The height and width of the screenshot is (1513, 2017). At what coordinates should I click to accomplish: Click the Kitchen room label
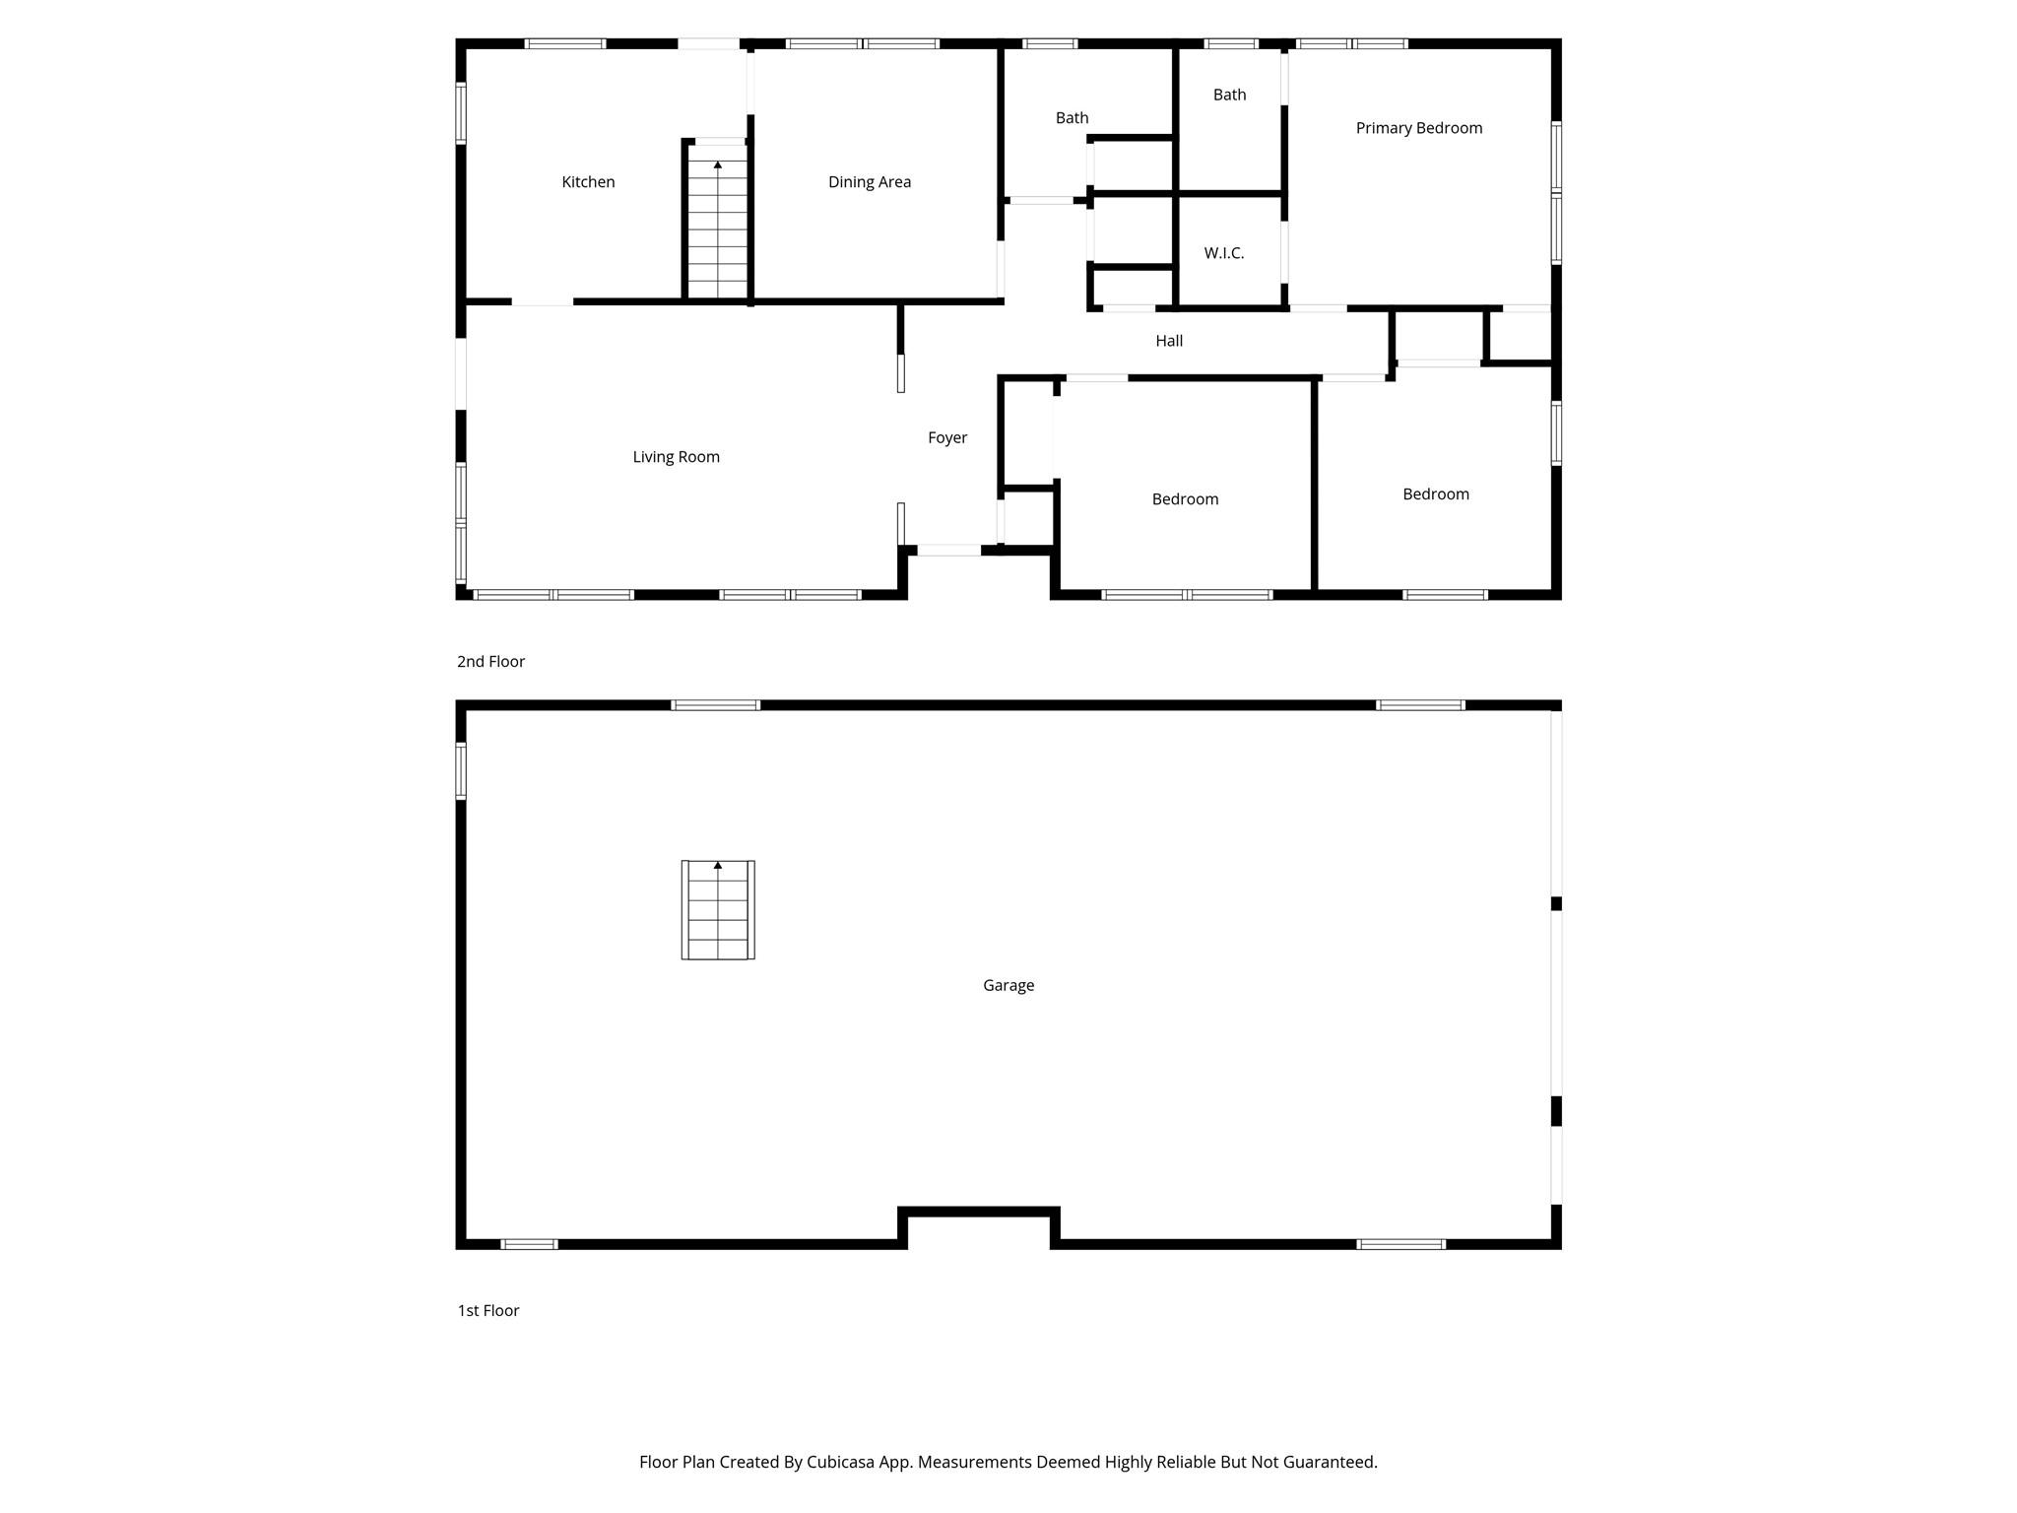[x=588, y=182]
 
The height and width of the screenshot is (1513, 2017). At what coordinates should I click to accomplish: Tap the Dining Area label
[x=869, y=182]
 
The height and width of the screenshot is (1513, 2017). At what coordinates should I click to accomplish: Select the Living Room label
[x=676, y=457]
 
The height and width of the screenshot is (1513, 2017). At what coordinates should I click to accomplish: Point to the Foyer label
[x=947, y=438]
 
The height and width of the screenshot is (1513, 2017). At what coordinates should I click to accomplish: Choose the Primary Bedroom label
[x=1418, y=128]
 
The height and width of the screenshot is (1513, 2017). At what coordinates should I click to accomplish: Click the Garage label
[x=1008, y=985]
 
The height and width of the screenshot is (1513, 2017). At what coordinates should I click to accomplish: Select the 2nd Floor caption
[x=490, y=662]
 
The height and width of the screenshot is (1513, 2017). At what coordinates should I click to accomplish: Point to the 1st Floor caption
[x=488, y=1310]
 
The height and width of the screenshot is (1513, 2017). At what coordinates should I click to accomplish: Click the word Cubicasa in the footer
[x=843, y=1462]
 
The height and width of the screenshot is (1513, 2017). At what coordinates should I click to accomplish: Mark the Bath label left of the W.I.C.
[x=1072, y=118]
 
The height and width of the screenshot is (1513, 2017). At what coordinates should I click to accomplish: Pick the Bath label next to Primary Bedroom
[x=1229, y=95]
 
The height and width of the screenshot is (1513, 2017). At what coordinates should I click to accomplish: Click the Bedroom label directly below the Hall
[x=1185, y=499]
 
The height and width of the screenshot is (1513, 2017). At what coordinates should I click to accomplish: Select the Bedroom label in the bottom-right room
[x=1435, y=494]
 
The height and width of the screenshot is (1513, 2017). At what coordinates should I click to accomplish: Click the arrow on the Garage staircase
[x=718, y=866]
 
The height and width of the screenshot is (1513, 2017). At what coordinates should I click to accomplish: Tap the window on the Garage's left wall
[x=461, y=770]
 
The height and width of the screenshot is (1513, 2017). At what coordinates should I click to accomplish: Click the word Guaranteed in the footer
[x=1328, y=1462]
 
